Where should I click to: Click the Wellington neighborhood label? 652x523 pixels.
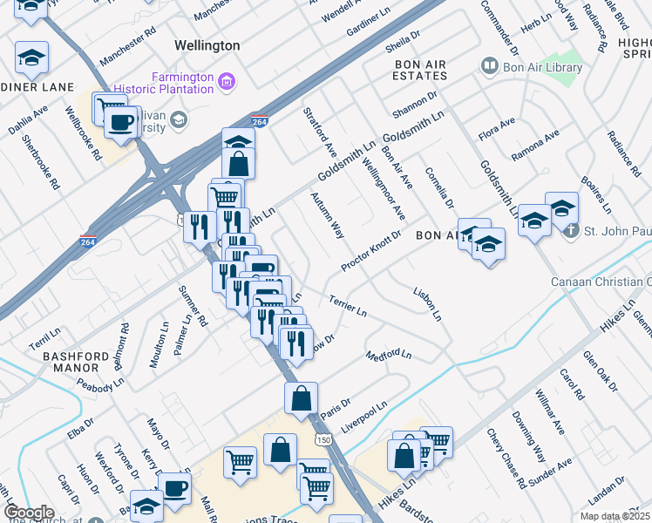(207, 44)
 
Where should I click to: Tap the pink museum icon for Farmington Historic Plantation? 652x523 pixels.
(227, 83)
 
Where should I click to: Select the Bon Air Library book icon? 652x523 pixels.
(489, 66)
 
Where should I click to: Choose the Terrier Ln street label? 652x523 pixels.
(348, 305)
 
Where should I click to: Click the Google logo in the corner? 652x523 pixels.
(28, 513)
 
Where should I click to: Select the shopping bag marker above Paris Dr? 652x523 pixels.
(301, 397)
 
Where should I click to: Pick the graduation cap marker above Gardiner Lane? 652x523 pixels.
(31, 58)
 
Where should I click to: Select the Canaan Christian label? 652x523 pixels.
(601, 282)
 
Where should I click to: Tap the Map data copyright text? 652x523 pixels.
(615, 516)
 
